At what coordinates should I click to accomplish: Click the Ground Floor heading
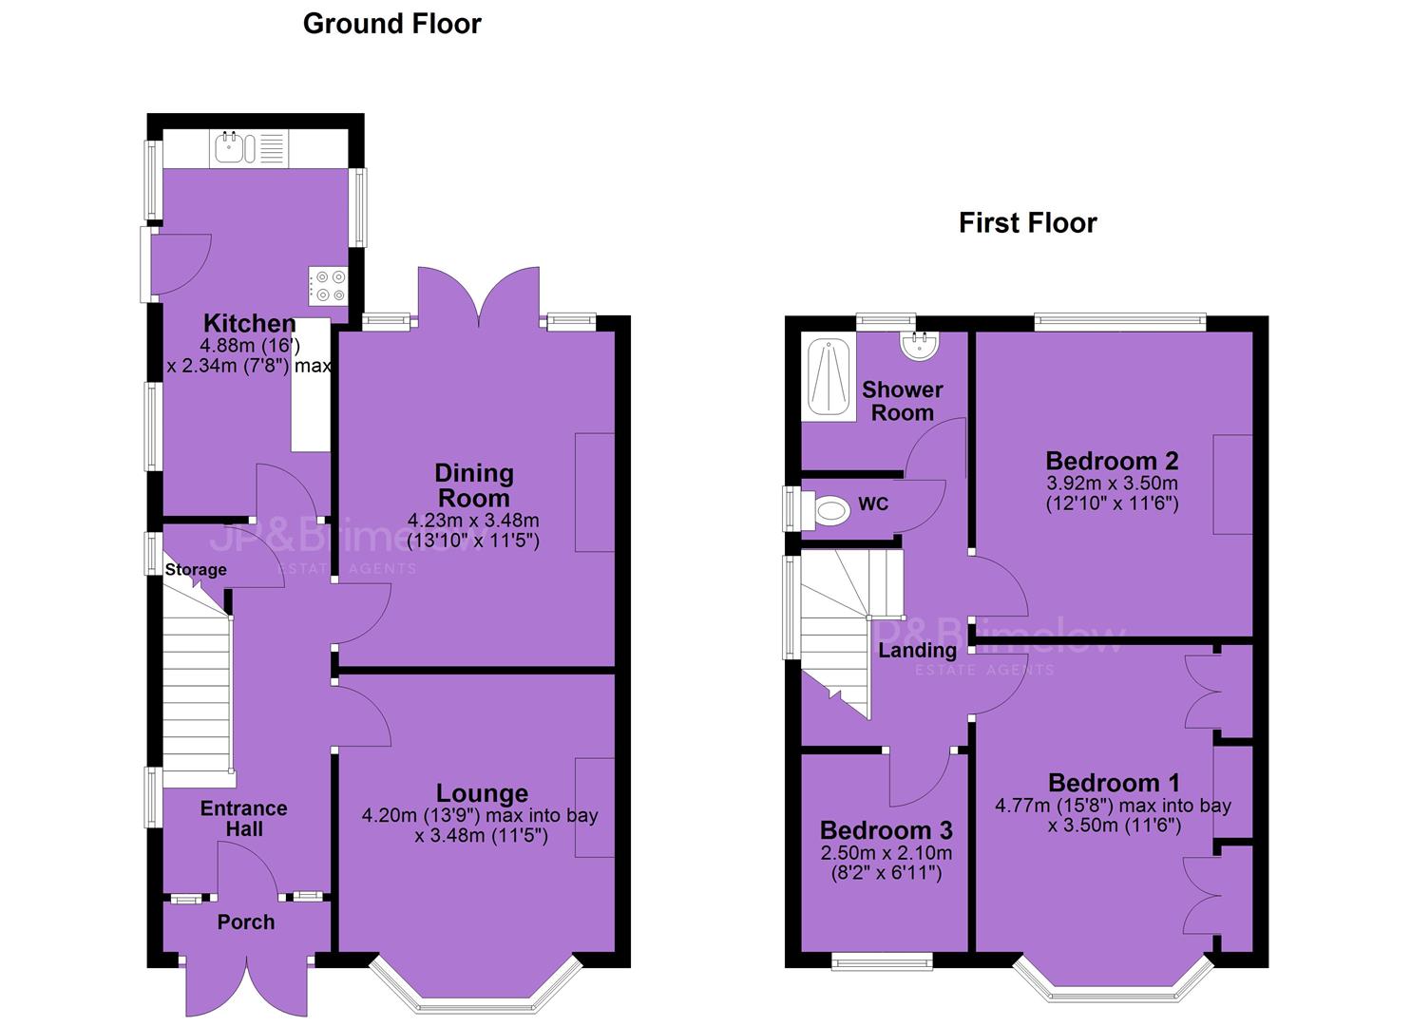coord(391,24)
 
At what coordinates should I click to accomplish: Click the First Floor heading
coord(1027,223)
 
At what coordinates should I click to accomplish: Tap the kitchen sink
coord(234,148)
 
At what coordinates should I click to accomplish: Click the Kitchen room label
coord(250,323)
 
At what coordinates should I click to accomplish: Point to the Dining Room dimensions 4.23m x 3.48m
coord(473,521)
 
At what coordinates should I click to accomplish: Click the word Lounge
coord(482,793)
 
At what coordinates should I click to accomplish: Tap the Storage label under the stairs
coord(196,569)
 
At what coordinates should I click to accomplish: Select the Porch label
coord(246,922)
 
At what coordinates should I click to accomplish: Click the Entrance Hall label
coord(244,818)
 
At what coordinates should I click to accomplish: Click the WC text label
coord(873,503)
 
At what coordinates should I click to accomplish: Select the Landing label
coord(917,650)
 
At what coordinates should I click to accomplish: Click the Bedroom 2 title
coord(1112,461)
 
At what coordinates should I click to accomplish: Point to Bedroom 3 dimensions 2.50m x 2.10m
coord(887,853)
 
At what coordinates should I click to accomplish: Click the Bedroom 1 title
coord(1114,783)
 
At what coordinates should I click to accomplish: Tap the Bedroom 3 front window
coord(882,961)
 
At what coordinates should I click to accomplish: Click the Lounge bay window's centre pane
coord(477,1006)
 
